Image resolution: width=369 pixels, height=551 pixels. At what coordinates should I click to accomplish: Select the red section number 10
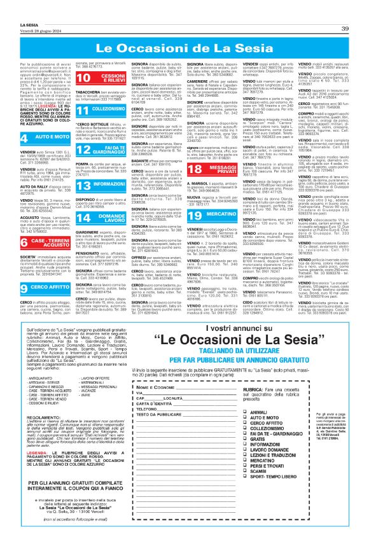(82, 96)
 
